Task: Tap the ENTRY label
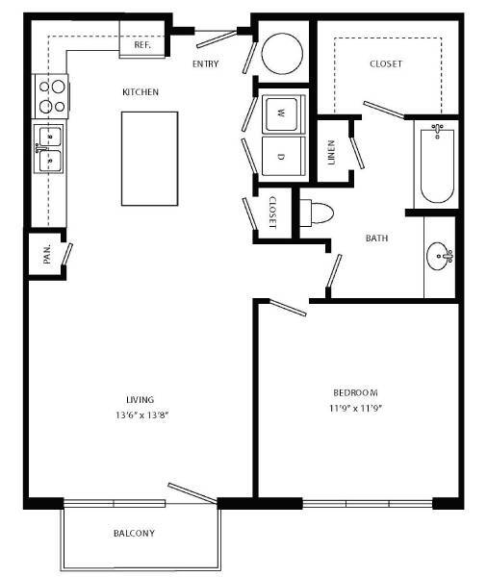(205, 64)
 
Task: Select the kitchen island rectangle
(149, 157)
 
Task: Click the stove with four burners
(52, 94)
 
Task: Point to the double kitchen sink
(48, 148)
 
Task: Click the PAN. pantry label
(46, 256)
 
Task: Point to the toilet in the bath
(319, 211)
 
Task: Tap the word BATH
(377, 238)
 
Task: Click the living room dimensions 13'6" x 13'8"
(141, 415)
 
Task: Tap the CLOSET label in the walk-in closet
(386, 64)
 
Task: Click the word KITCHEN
(140, 92)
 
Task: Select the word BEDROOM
(355, 392)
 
